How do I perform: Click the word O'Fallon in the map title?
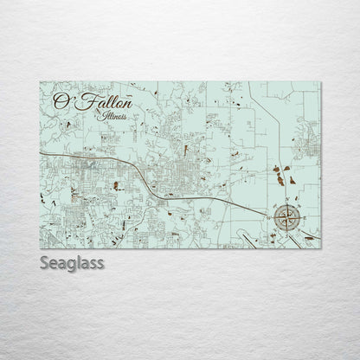(x=87, y=101)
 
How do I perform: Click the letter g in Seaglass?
(x=72, y=262)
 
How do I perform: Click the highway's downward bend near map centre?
(x=138, y=169)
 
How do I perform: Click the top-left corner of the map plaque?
(x=41, y=79)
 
